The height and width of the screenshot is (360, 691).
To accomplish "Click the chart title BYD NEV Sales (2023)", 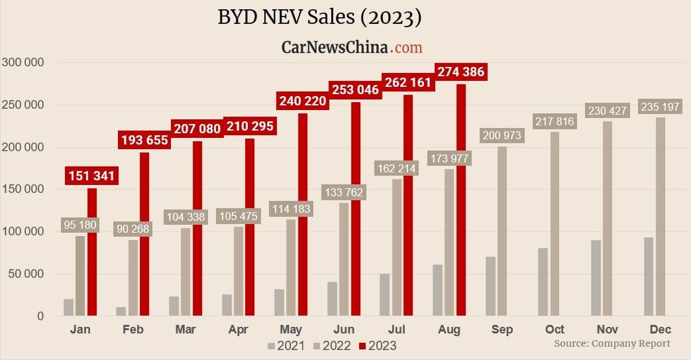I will pos(319,17).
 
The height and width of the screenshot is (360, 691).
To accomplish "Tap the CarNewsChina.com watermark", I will pos(351,47).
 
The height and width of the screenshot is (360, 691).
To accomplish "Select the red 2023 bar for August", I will pos(461,200).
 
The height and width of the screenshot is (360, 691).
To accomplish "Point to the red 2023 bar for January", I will pos(92,252).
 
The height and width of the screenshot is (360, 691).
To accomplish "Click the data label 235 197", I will pos(660,107).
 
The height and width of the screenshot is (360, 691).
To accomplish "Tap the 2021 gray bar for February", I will pos(121,311).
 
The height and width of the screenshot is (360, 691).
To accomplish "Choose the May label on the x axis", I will pos(291,330).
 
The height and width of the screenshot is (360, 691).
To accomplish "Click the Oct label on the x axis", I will pos(555,330).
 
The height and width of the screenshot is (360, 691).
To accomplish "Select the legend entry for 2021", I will pos(286,345).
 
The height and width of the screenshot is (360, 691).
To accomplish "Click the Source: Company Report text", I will pos(612,343).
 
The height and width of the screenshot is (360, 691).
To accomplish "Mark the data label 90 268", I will pos(133,229).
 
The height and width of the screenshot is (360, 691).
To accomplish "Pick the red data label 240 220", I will pos(303,101).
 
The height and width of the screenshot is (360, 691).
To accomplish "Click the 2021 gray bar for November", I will pos(596,278).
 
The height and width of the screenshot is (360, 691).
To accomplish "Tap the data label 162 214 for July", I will pos(396,169).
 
